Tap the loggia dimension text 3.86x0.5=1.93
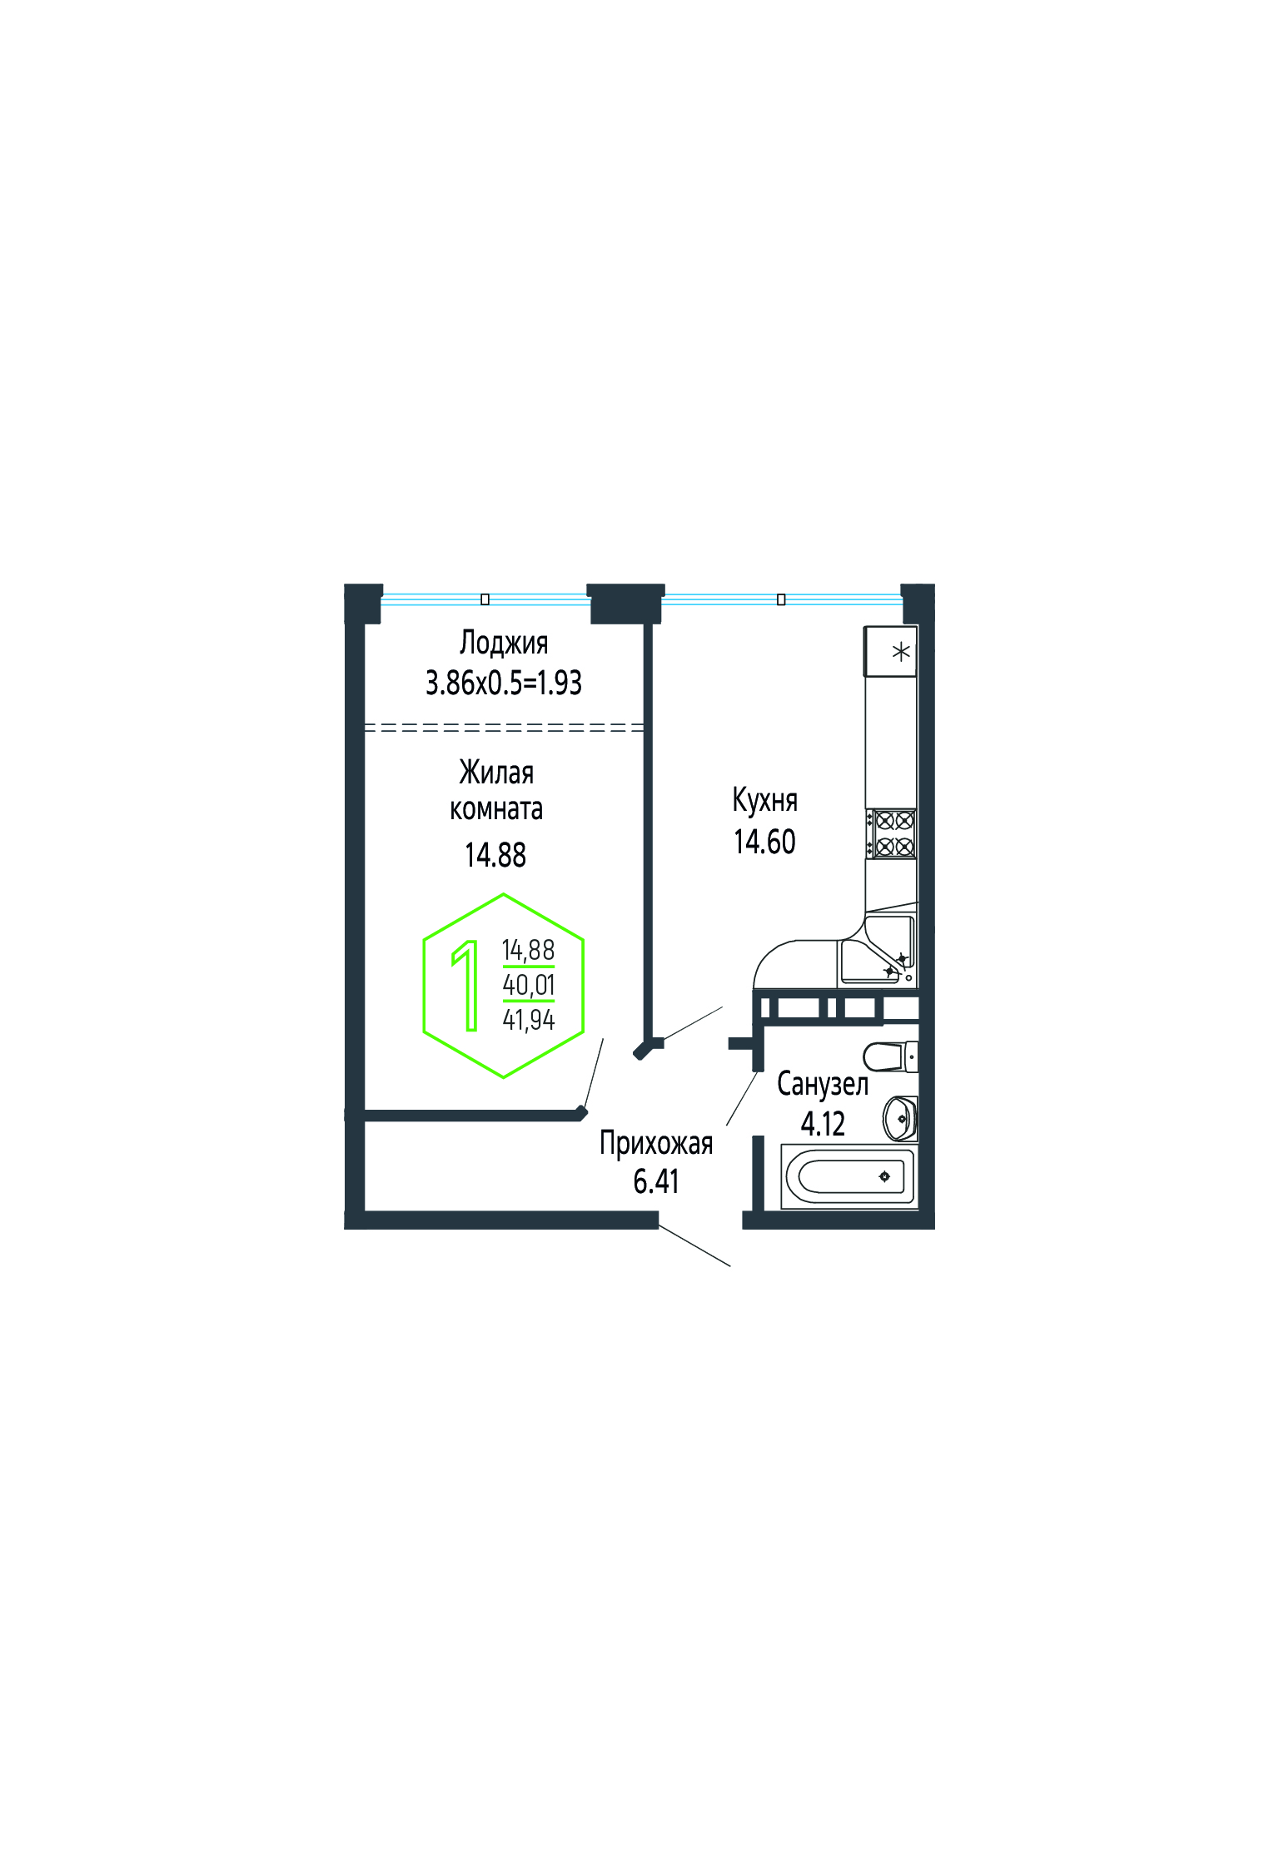tap(504, 683)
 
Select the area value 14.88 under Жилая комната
tap(495, 855)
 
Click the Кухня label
tap(765, 801)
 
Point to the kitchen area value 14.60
tap(764, 842)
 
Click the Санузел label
tap(823, 1084)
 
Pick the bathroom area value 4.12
tap(823, 1124)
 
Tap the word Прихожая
tap(656, 1143)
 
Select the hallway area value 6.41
tap(656, 1181)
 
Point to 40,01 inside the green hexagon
tap(529, 985)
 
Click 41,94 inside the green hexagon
tap(529, 1020)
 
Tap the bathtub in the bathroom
tap(849, 1176)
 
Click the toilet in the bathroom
tap(890, 1057)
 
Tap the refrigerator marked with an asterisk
tap(891, 652)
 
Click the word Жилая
tap(496, 773)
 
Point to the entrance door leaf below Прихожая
tap(694, 1245)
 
